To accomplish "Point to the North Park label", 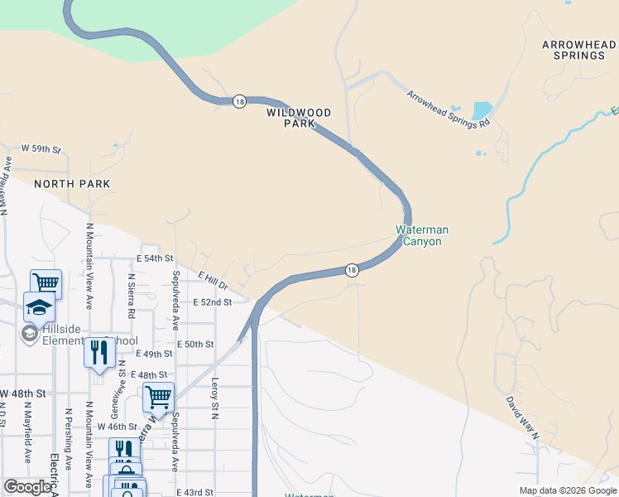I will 72,184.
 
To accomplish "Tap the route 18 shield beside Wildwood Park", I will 239,101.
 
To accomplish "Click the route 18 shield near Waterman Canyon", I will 352,270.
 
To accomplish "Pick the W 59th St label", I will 41,149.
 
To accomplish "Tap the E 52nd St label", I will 212,303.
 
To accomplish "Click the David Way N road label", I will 524,417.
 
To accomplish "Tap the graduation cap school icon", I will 39,307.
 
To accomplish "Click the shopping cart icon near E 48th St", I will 158,396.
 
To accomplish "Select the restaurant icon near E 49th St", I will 99,352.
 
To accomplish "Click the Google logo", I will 26,487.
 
